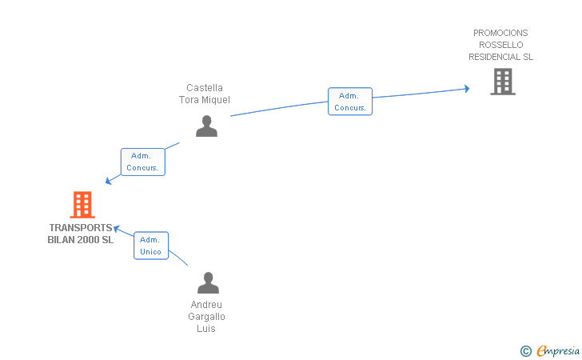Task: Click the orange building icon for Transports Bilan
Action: pyautogui.click(x=82, y=204)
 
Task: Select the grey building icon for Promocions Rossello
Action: pyautogui.click(x=503, y=82)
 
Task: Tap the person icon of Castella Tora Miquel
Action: pyautogui.click(x=207, y=126)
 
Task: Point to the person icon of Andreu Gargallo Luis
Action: pyautogui.click(x=208, y=282)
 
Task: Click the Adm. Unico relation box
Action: pyautogui.click(x=151, y=246)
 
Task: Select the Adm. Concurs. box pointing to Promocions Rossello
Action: pyautogui.click(x=350, y=102)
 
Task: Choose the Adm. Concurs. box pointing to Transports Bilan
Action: pyautogui.click(x=143, y=162)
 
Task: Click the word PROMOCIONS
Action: pyautogui.click(x=500, y=33)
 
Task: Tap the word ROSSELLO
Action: pyautogui.click(x=500, y=45)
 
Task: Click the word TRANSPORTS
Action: pyautogui.click(x=81, y=228)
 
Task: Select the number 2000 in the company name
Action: pyautogui.click(x=88, y=240)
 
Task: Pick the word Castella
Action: pyautogui.click(x=205, y=88)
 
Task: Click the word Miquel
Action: pyautogui.click(x=216, y=100)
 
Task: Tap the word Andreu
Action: pyautogui.click(x=206, y=305)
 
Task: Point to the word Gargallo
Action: pyautogui.click(x=206, y=317)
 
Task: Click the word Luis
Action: pyautogui.click(x=206, y=329)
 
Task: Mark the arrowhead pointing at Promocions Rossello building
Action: pyautogui.click(x=467, y=89)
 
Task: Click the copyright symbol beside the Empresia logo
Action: pyautogui.click(x=525, y=351)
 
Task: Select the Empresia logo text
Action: pyautogui.click(x=558, y=351)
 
